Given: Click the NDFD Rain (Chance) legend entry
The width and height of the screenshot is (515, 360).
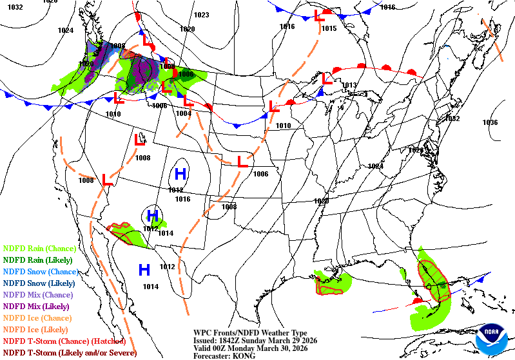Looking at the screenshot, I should click(x=39, y=248).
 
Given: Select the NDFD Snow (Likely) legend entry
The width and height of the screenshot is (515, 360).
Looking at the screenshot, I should click(x=39, y=283).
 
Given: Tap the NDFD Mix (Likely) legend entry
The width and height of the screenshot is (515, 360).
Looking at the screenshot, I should click(x=37, y=306).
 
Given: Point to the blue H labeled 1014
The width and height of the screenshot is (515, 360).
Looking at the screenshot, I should click(x=144, y=269).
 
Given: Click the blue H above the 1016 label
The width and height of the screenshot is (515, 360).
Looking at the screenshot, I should click(x=181, y=173).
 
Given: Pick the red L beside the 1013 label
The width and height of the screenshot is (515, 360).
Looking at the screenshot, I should click(x=327, y=80).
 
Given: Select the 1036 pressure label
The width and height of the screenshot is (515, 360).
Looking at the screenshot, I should click(x=491, y=122).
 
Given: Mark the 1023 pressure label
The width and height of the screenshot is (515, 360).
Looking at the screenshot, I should click(x=202, y=15).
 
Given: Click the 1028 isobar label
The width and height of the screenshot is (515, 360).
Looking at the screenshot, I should click(x=416, y=149).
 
